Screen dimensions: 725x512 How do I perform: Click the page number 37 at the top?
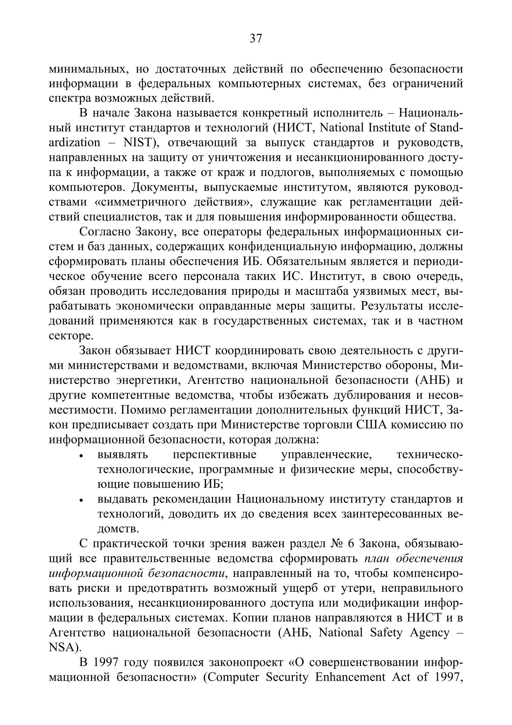(256, 39)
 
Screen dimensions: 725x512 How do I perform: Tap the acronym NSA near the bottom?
(63, 648)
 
